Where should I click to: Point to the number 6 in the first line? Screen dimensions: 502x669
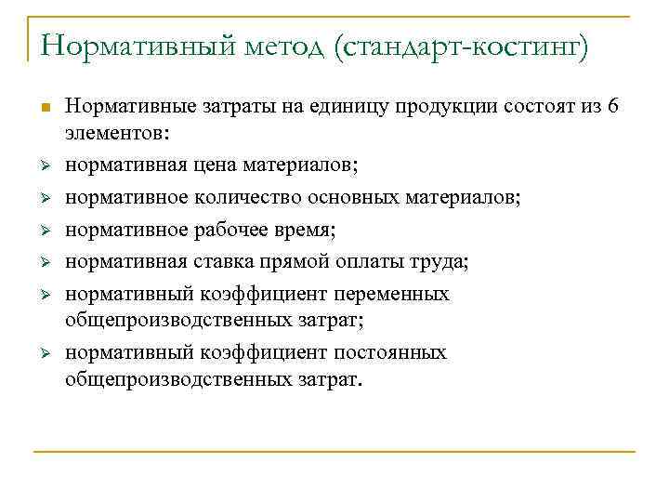(610, 106)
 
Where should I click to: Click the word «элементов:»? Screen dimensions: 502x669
(117, 133)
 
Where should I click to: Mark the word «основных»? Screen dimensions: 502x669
(348, 197)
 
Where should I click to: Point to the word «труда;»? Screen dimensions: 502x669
(442, 262)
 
